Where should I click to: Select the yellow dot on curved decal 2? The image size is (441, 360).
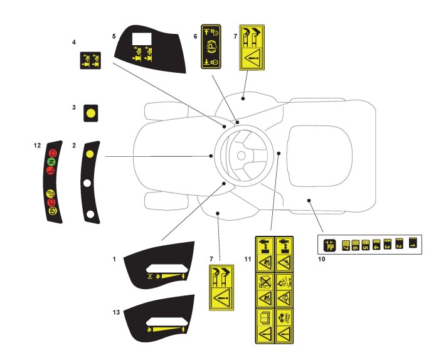(x=90, y=153)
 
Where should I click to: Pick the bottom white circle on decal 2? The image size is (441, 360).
(x=91, y=214)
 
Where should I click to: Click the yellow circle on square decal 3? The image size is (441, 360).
(x=91, y=114)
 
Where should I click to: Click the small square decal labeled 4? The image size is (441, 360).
(x=90, y=61)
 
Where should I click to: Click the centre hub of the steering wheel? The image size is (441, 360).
(x=243, y=152)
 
